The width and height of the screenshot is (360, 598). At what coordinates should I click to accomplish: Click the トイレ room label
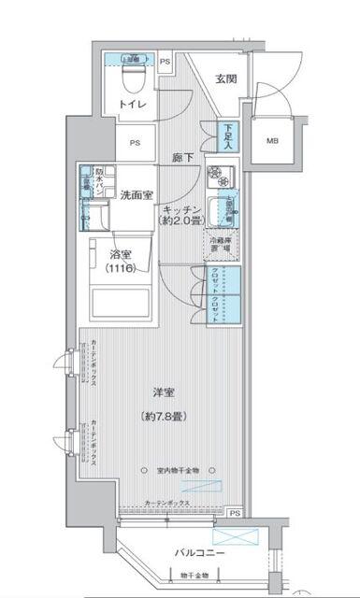click(x=132, y=104)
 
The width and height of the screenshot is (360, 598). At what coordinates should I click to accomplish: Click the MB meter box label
click(x=272, y=141)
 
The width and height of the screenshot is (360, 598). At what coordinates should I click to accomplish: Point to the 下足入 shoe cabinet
click(x=227, y=137)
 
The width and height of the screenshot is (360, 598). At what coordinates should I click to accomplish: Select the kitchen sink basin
click(x=222, y=211)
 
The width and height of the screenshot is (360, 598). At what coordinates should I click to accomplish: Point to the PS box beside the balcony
click(x=234, y=513)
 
